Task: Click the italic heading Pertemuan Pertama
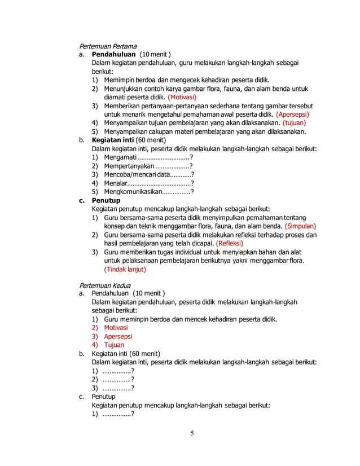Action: [108, 46]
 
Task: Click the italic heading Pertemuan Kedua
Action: [104, 285]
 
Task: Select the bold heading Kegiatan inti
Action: [114, 140]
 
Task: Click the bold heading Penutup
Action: [106, 200]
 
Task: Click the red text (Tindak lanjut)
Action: [125, 269]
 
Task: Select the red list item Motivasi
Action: [116, 328]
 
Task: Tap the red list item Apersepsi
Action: [118, 336]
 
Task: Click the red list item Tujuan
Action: [114, 345]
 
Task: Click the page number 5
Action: [191, 433]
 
